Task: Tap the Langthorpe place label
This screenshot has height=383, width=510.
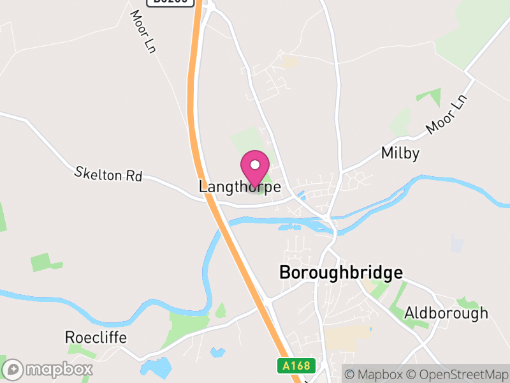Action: pos(240,187)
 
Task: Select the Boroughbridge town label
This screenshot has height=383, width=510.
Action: pos(341,273)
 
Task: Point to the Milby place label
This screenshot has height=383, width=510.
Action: pos(400,153)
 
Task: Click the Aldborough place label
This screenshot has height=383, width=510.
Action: pos(446,313)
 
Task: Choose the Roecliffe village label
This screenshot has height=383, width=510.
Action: pos(96,337)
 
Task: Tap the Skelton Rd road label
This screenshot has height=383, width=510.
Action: pos(108,174)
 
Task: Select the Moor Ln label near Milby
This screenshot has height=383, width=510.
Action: pos(447,115)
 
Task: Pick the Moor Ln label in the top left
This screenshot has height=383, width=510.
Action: pos(143,31)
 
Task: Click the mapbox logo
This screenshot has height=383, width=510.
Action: pos(48,369)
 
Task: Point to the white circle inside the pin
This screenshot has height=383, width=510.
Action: pos(255,165)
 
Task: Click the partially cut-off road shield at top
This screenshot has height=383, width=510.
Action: pos(170,2)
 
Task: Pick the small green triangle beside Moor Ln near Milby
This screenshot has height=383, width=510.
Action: pos(430,96)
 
